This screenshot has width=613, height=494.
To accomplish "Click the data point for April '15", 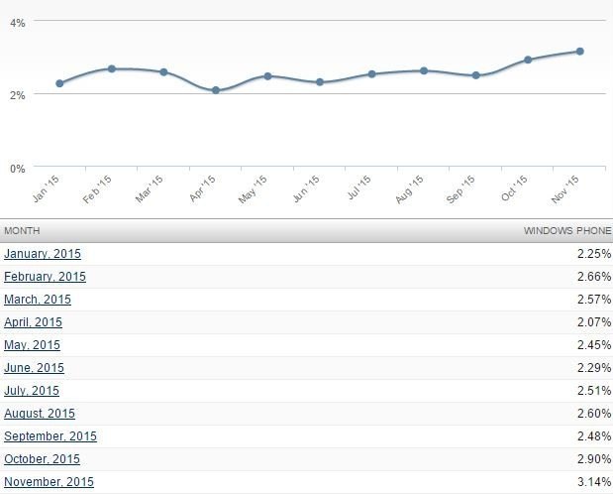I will pos(216,90).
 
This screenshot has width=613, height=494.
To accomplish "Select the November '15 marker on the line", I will pos(579,51).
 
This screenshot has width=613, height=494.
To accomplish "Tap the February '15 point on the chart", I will pos(112,68).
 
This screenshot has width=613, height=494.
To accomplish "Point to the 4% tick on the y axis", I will pos(17,21).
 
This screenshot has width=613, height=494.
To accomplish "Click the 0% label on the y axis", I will pos(17,168).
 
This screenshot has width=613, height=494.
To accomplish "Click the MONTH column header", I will pos(22,230).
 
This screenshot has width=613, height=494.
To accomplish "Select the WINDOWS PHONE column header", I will pos(567,230).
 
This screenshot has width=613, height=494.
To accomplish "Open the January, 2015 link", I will pos(43,254).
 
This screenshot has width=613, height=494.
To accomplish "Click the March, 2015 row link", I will pos(38,300).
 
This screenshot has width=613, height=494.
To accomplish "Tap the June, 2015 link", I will pos(35,368).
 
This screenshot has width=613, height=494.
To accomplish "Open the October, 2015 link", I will pos(43,459).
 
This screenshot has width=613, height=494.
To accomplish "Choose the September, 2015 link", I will pos(51,436).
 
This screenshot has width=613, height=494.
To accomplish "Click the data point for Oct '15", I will pos(528,60).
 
